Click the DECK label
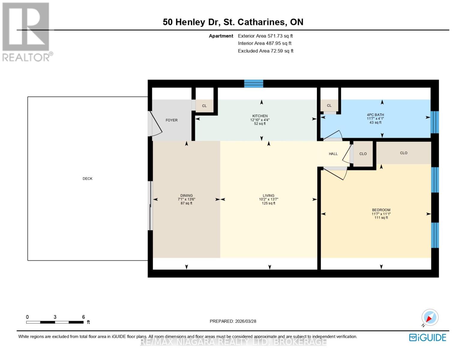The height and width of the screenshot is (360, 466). coord(87,178)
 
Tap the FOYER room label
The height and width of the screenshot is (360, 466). coord(171,120)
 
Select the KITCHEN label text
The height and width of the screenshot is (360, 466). coord(260,116)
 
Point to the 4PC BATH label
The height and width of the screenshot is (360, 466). coord(375,115)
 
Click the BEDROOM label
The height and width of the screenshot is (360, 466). coord(381,210)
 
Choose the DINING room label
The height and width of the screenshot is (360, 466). coord(186,196)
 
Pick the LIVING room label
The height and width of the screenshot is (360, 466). coord(268,196)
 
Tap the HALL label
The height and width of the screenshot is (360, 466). coord(333,154)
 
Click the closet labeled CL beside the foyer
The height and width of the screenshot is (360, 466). coord(204,106)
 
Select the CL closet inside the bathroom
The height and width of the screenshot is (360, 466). coord(329,106)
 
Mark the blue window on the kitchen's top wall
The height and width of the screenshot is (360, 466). coord(254,84)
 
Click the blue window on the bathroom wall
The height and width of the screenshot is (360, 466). coord(434,122)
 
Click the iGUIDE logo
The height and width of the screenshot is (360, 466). coord(427,337)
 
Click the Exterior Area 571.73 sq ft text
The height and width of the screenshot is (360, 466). coord(265,36)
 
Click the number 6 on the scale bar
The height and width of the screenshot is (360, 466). coord(83,317)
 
